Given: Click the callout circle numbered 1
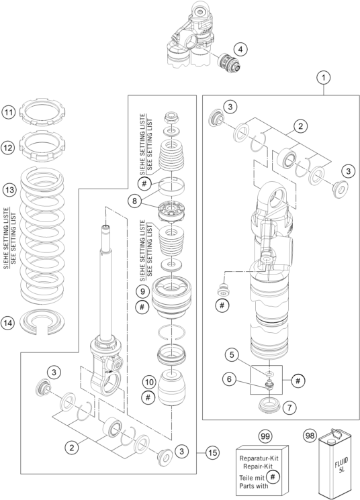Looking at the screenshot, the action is point(324,77).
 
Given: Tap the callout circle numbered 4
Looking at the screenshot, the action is point(240,50).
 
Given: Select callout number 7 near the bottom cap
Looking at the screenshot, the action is point(289,407).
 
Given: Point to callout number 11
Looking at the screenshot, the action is point(8,113).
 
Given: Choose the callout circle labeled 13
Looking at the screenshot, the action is point(9,191).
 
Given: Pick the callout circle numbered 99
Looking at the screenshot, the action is point(265,436).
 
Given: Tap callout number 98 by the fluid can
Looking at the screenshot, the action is point(310,436).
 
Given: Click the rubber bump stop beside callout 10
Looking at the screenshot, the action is point(172,388).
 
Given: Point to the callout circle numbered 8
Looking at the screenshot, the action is point(135,201).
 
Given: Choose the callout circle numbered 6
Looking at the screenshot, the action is point(230,379).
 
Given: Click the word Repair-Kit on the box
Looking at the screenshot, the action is point(258,466).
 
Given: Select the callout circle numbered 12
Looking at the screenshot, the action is point(8,148).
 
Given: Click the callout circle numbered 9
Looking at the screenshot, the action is point(142,291).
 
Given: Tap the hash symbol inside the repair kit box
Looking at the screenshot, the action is point(272,477).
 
